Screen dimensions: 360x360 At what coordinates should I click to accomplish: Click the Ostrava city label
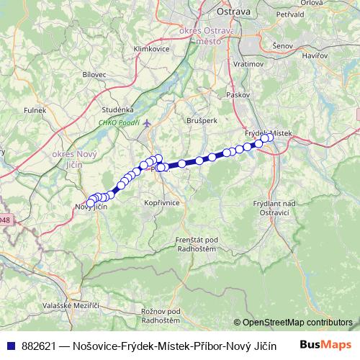tap(233, 12)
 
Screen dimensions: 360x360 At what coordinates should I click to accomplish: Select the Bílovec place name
tap(94, 74)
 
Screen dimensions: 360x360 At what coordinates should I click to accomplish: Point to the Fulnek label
tap(35, 109)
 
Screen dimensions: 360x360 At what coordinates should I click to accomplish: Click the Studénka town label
tap(118, 109)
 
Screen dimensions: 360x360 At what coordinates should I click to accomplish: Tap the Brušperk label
tap(201, 120)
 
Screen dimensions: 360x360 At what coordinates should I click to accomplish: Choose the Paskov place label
tap(237, 94)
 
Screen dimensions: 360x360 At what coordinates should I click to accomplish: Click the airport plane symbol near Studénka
tap(148, 122)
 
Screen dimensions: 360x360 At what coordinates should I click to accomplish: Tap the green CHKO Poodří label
tap(119, 122)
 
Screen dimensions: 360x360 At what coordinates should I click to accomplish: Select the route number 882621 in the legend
tap(45, 345)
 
